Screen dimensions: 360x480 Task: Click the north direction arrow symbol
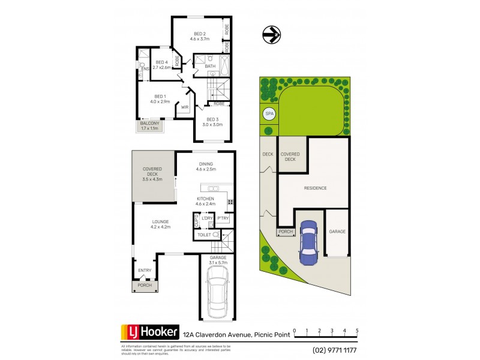[x=271, y=35]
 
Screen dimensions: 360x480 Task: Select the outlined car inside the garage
[x=217, y=293]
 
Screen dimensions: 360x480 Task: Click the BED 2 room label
[x=200, y=36]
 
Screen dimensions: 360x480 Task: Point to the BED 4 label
[x=161, y=65]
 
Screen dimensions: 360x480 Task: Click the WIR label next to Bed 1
[x=185, y=107]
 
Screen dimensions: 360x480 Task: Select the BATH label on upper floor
[x=210, y=66]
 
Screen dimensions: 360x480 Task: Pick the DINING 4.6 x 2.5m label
[x=206, y=166]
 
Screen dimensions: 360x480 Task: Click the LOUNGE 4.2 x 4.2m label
[x=160, y=224]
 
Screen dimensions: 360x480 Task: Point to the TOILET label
[x=204, y=235]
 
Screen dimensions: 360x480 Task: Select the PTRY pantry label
[x=223, y=218]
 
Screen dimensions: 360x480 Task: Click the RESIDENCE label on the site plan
[x=314, y=188]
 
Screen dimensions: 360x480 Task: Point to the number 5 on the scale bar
[x=357, y=331]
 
